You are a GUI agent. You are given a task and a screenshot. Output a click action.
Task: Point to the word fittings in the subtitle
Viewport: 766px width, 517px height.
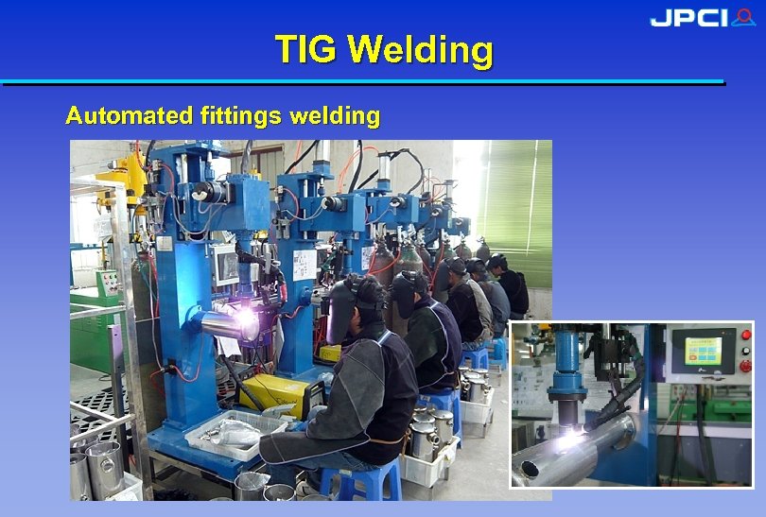(x=241, y=116)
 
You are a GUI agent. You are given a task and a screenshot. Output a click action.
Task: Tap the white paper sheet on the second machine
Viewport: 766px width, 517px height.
(x=305, y=264)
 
